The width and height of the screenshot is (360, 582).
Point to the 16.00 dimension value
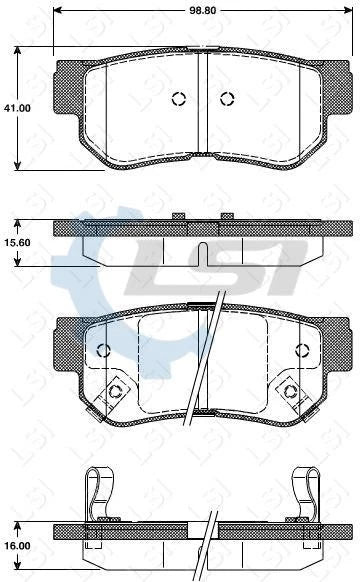pos(15,547)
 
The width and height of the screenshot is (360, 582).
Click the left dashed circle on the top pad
pos(179,98)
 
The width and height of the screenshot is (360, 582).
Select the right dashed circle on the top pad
pos(226,98)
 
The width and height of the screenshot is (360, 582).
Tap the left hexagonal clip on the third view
pos(116,390)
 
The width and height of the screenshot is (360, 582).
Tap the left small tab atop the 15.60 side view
pos(180,216)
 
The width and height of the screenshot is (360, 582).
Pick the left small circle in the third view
pos(102,349)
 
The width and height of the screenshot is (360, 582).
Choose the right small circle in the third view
pos(303,349)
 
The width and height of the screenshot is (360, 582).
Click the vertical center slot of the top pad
pos(203,100)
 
